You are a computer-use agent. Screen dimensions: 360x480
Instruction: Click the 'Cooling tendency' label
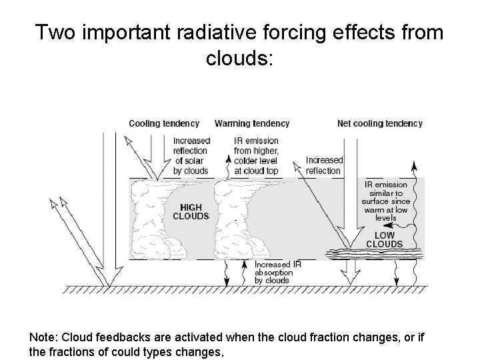coord(163,123)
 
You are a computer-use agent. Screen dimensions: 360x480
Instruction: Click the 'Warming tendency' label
coord(252,123)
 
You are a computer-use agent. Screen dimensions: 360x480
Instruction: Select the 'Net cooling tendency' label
coord(380,123)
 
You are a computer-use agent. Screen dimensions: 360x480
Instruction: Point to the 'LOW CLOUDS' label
coord(384,239)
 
